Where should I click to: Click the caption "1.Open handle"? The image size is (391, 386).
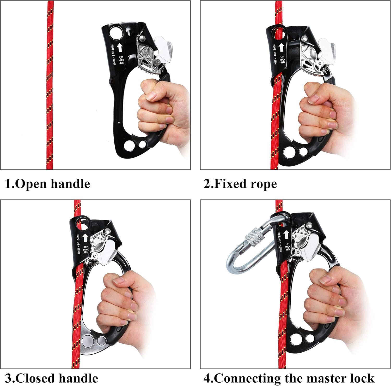[x=48, y=184]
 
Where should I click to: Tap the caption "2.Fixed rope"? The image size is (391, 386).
[x=240, y=184]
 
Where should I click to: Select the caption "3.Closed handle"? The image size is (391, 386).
[x=52, y=378]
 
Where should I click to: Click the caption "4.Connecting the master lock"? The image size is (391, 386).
[x=289, y=378]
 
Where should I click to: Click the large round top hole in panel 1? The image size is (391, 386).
[x=116, y=33]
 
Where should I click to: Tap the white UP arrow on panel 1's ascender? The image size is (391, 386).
[x=120, y=48]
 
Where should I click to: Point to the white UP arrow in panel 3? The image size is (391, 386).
[x=85, y=238]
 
